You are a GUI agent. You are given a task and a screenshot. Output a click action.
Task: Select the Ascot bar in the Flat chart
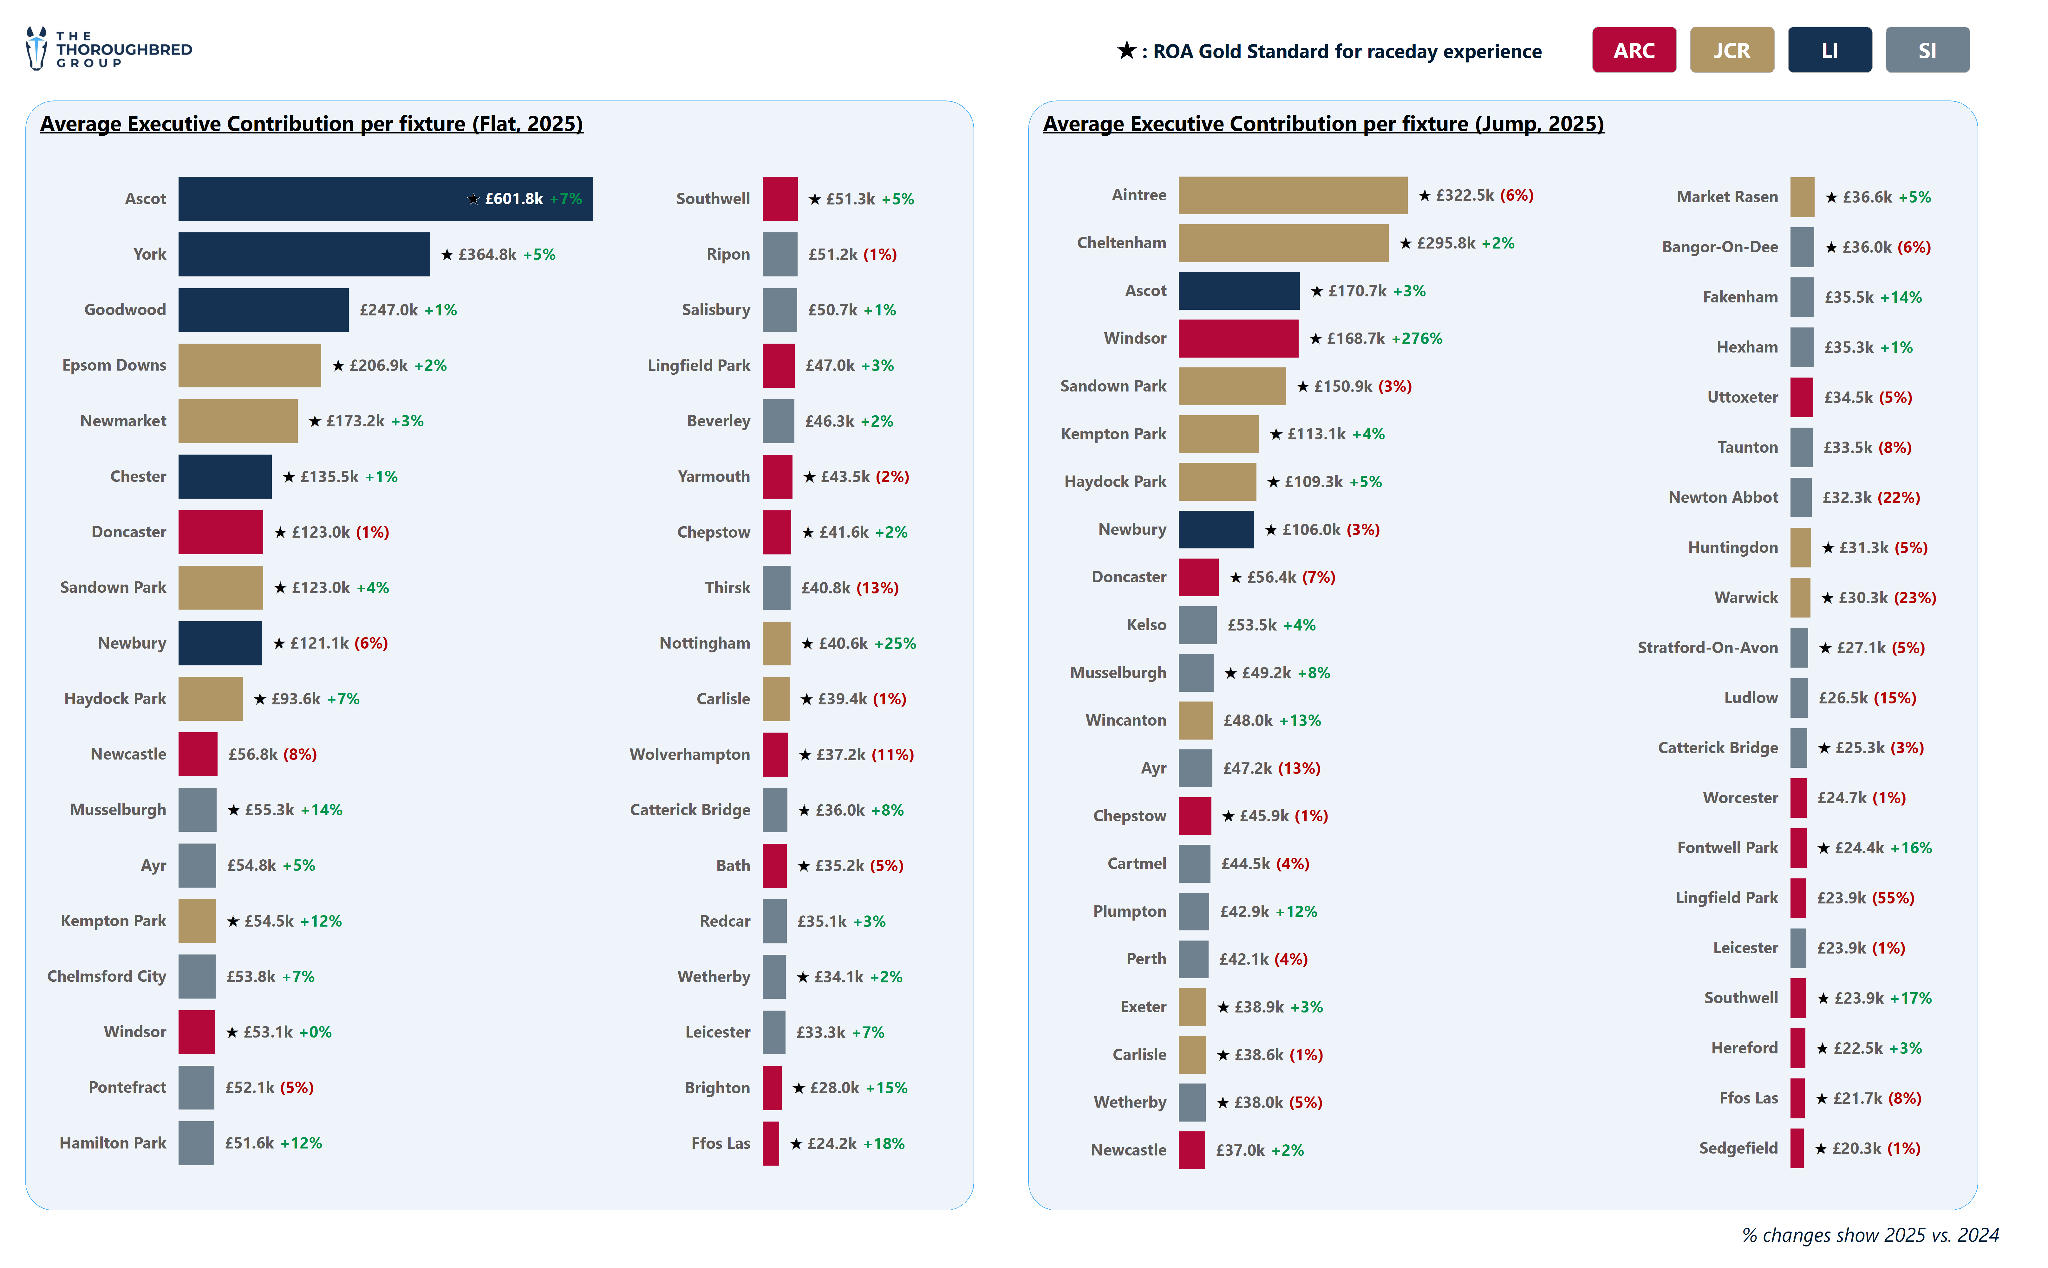[x=385, y=199]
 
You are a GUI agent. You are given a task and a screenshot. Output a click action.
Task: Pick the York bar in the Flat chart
[x=304, y=254]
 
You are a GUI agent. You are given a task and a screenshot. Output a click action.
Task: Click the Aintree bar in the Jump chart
[x=1292, y=195]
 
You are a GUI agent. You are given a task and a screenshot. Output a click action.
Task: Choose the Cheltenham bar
[x=1283, y=243]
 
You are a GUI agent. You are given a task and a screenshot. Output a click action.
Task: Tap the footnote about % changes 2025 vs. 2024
[x=1869, y=1235]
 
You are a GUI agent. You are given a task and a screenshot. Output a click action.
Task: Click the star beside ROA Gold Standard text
[x=1126, y=50]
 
